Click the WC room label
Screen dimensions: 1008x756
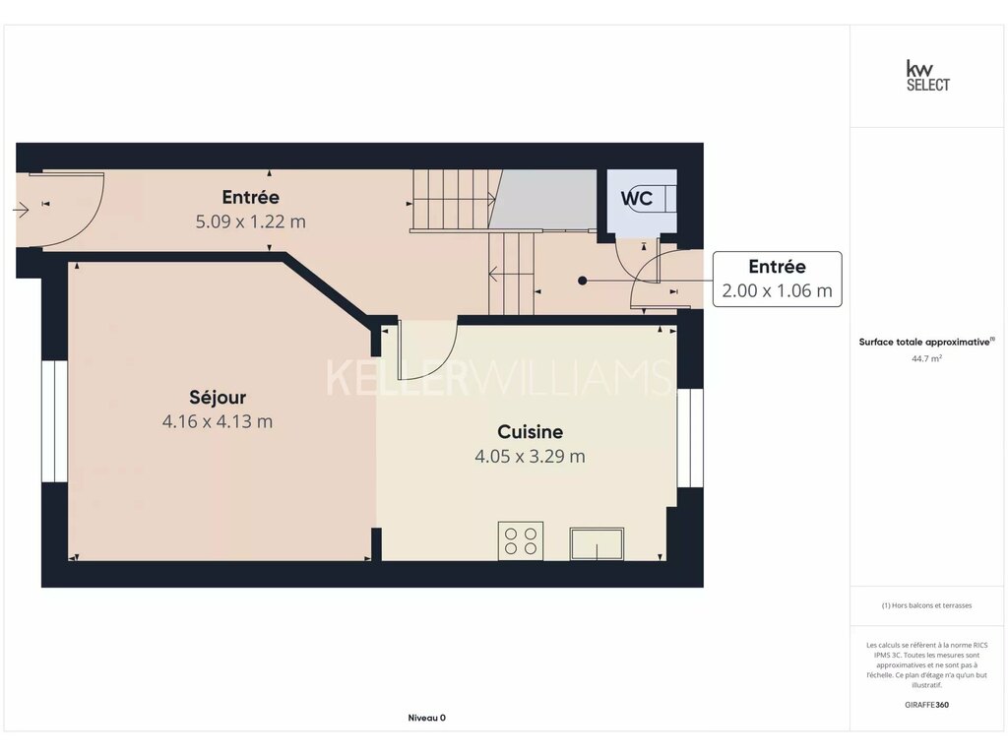637,198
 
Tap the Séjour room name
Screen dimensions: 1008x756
218,398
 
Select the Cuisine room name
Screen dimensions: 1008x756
530,431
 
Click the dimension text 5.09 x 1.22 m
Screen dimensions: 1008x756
251,221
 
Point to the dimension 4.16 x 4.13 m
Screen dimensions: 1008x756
218,421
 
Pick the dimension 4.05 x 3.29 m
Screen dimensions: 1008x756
530,457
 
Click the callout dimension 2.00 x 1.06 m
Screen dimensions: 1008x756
777,290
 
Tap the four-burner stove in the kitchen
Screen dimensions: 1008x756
520,540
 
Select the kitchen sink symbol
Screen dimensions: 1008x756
597,543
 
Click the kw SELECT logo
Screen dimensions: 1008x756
927,76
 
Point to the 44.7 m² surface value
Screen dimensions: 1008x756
926,358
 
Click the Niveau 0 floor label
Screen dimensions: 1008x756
427,718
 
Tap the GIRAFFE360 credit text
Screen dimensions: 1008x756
926,705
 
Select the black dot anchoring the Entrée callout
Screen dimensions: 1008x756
582,281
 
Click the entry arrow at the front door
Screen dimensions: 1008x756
21,210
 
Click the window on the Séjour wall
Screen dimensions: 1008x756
55,421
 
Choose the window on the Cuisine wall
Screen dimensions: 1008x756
690,438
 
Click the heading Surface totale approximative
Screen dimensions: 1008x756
924,342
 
